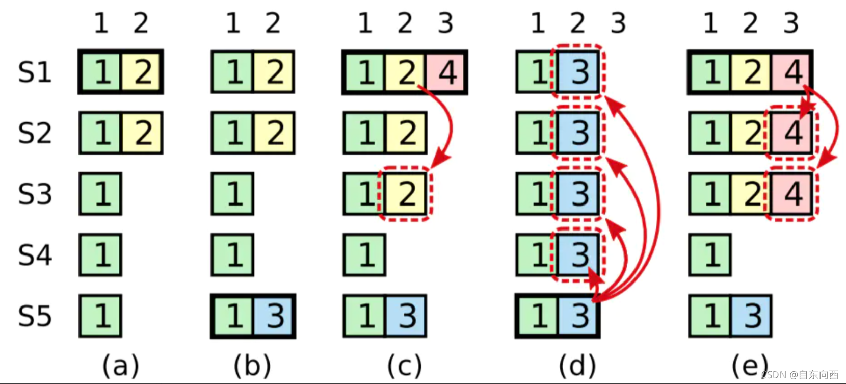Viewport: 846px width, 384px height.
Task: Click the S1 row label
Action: coord(35,72)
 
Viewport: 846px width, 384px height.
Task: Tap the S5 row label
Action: coord(35,316)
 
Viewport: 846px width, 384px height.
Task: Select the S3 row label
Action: coord(35,194)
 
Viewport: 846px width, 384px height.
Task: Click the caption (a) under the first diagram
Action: coord(120,365)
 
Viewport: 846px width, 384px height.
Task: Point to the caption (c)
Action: coord(405,365)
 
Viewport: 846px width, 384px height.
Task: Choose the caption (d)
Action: coord(577,365)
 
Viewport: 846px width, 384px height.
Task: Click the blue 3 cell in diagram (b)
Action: coord(274,316)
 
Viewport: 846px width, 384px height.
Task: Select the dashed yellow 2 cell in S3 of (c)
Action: coord(406,194)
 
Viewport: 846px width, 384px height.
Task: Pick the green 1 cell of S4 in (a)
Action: coord(100,255)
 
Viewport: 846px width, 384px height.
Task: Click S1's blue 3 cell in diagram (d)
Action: coord(578,72)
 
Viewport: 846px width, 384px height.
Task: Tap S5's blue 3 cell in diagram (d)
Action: coord(578,316)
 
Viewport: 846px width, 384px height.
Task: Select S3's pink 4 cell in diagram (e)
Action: coord(791,194)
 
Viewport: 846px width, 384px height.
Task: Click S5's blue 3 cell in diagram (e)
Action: coord(751,316)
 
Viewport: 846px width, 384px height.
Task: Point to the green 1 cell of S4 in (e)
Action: coord(710,255)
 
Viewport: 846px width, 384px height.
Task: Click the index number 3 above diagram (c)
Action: coord(445,23)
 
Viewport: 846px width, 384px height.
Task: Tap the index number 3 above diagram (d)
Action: coord(618,23)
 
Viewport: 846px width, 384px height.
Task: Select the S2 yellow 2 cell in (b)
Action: coord(274,133)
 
